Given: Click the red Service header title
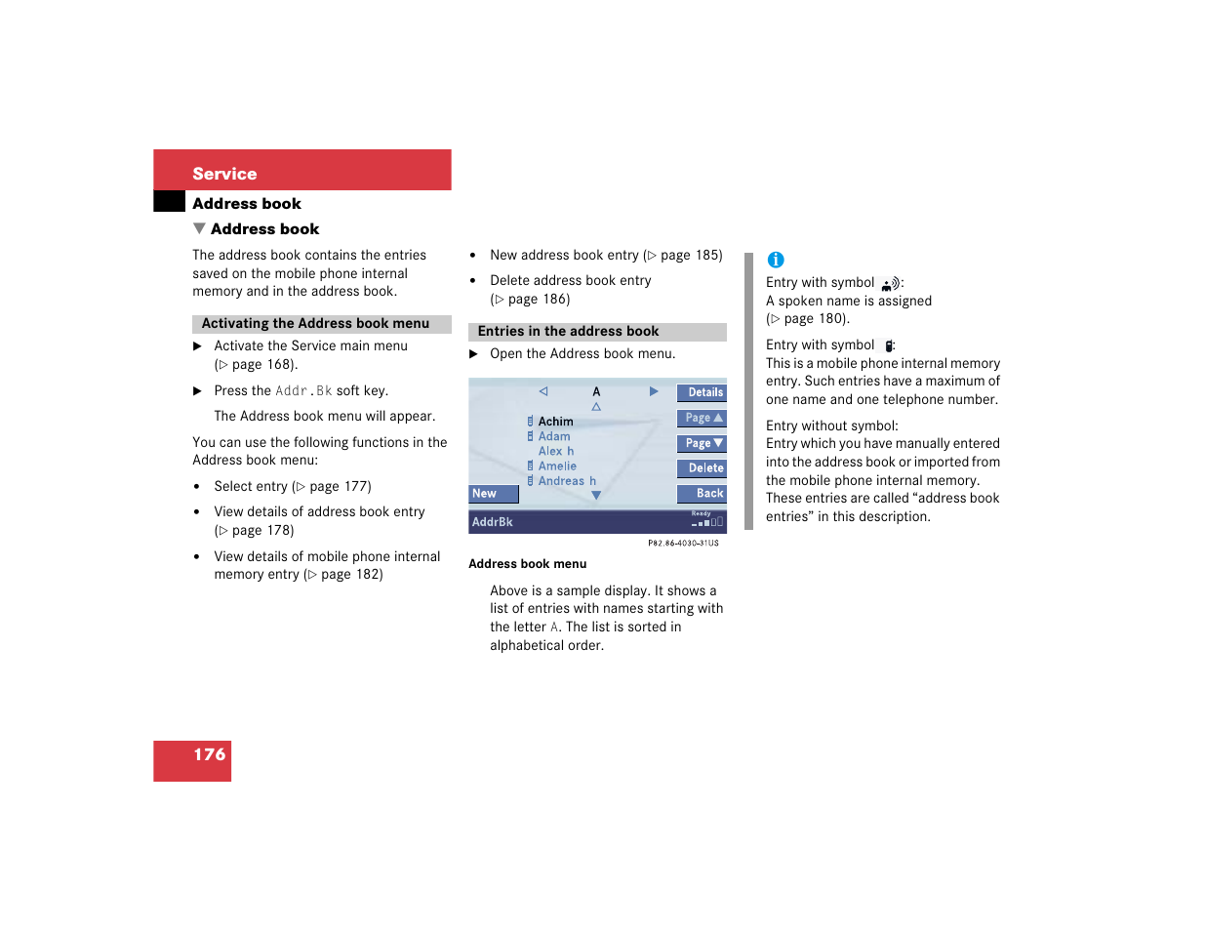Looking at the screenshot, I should (x=224, y=174).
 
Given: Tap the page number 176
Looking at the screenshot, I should (x=209, y=754).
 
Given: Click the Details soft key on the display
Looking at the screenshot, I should (x=703, y=392).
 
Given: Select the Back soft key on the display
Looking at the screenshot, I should (x=703, y=494).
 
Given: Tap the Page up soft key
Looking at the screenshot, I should (x=703, y=418).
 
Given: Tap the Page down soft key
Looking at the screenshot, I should (x=703, y=443).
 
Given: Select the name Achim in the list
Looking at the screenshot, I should (x=555, y=422).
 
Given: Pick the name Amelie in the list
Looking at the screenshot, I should (x=557, y=466).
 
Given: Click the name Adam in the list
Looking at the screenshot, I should (x=554, y=436).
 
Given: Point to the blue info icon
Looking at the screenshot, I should (x=776, y=260).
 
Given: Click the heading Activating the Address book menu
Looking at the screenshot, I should (x=315, y=324).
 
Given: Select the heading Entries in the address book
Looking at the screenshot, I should (x=568, y=332).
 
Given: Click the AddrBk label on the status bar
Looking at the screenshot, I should (x=493, y=522).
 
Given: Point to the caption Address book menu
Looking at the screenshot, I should (x=527, y=564).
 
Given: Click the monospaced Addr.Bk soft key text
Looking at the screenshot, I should (x=303, y=391).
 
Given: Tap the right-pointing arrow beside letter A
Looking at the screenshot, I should (x=654, y=391).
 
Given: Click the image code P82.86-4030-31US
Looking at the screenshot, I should (x=683, y=544).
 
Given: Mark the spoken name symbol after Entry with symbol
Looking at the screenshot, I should (x=889, y=284).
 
